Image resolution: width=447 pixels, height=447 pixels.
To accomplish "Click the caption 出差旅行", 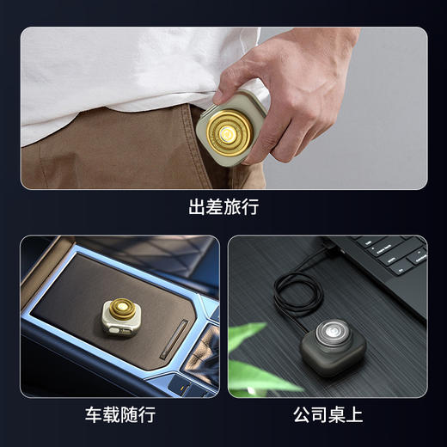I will [223, 207].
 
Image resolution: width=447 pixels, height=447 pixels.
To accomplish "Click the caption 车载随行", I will [120, 415].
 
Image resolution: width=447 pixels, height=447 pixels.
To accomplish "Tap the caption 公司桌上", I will [328, 415].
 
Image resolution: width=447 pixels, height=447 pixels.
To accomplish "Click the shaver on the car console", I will [120, 317].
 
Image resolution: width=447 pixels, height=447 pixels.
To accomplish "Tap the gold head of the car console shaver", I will [122, 311].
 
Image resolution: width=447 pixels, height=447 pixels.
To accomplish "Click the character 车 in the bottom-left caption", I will [95, 415].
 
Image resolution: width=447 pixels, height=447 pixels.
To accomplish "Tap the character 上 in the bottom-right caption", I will [354, 415].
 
